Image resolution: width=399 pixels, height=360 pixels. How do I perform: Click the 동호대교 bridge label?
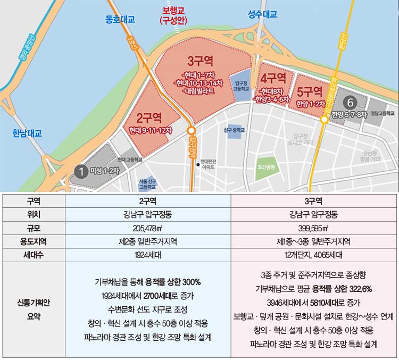pyautogui.click(x=120, y=20)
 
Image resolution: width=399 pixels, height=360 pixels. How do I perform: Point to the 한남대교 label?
pyautogui.click(x=27, y=133)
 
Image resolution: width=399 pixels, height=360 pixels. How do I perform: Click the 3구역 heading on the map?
pyautogui.click(x=199, y=61)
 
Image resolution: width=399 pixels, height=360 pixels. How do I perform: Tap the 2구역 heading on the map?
pyautogui.click(x=149, y=116)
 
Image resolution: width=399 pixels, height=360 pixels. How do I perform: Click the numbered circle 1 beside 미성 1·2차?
pyautogui.click(x=81, y=171)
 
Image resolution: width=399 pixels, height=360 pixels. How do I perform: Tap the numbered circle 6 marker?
pyautogui.click(x=350, y=102)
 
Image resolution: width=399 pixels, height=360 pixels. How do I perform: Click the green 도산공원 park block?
pyautogui.click(x=267, y=167)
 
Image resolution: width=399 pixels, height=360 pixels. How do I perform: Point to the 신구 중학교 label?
pyautogui.click(x=234, y=130)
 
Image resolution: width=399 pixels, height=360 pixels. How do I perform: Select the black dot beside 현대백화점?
pyautogui.click(x=197, y=164)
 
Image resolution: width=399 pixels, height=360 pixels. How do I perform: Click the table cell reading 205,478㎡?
pyautogui.click(x=147, y=228)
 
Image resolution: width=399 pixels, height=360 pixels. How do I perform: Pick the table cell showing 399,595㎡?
pyautogui.click(x=314, y=228)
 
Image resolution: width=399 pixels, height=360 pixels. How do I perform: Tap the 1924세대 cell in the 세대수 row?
pyautogui.click(x=147, y=255)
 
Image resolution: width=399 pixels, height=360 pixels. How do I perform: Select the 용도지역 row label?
pyautogui.click(x=32, y=241)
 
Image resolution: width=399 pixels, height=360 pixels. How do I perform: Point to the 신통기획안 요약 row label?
pyautogui.click(x=32, y=310)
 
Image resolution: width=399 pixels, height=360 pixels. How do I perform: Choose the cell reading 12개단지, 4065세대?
pyautogui.click(x=314, y=255)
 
